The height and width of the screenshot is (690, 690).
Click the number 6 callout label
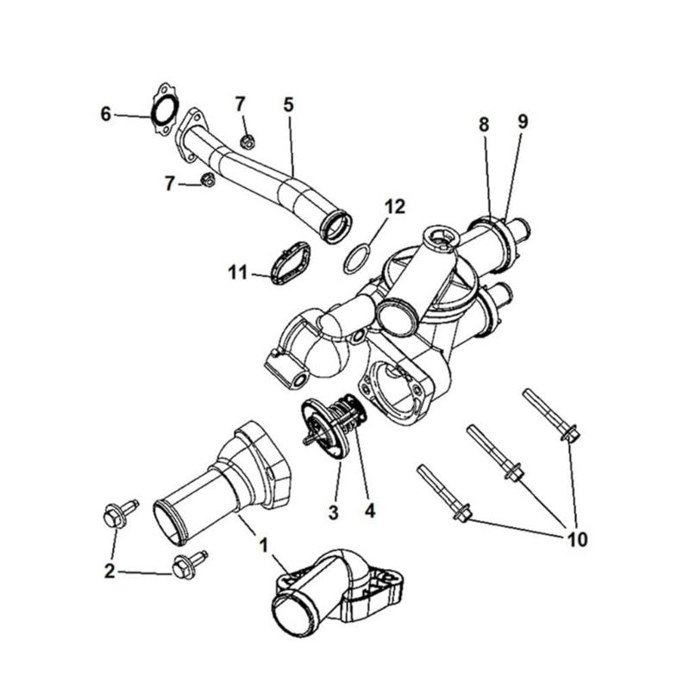[x=106, y=114]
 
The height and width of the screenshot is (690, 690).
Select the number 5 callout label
[x=288, y=104]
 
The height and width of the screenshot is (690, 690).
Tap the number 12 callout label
[x=394, y=206]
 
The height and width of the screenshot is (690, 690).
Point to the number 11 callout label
[x=238, y=273]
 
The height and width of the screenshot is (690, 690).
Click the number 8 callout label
[x=484, y=123]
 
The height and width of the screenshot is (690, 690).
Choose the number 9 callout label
[x=523, y=122]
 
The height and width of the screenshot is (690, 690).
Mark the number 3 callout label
[x=333, y=511]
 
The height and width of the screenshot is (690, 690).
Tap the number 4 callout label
[x=370, y=511]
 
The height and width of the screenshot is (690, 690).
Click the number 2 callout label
[x=110, y=571]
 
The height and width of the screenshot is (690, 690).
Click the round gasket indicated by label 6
[x=165, y=111]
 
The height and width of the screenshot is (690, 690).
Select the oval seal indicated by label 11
[x=288, y=262]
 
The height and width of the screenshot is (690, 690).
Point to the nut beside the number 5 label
[x=247, y=141]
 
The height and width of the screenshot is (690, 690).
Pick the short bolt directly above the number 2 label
[x=113, y=517]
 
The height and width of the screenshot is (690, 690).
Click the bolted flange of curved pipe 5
[x=191, y=135]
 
